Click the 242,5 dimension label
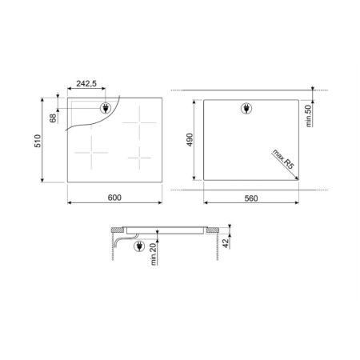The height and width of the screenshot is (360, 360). tap(86, 84)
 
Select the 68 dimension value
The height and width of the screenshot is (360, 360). tap(53, 118)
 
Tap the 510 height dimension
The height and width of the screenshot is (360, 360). tap(38, 141)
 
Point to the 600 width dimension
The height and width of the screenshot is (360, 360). tap(114, 198)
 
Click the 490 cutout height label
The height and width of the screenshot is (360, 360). tap(190, 140)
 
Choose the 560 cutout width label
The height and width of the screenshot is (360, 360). tap(251, 198)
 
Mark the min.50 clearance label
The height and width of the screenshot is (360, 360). tap(308, 116)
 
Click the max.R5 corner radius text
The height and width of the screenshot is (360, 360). tap(283, 159)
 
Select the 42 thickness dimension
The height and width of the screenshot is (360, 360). tap(226, 243)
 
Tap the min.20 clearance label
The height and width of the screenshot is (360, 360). tap(153, 254)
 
